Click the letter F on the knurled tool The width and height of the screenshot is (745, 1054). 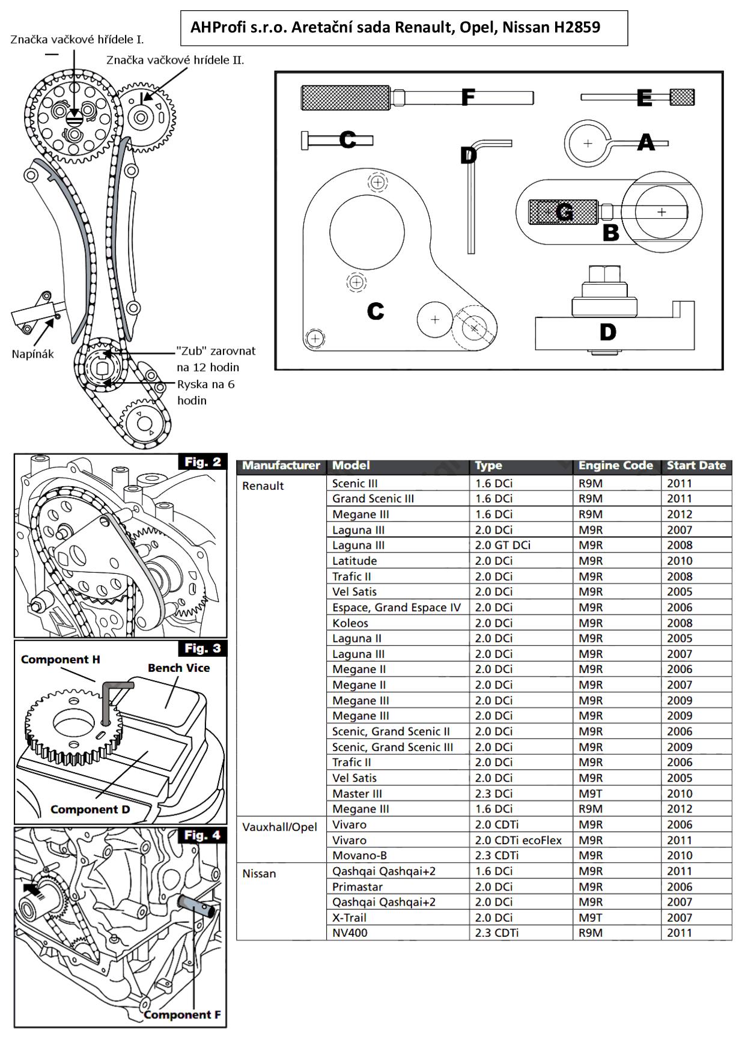click(468, 97)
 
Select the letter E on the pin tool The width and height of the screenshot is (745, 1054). click(644, 97)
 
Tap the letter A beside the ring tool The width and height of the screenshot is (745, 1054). click(646, 142)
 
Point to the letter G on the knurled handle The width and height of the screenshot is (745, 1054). click(564, 212)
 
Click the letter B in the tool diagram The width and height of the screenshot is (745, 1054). click(610, 233)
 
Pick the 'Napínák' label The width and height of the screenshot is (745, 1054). click(32, 354)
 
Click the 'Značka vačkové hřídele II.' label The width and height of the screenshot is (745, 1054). click(175, 60)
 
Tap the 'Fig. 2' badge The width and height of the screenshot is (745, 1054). click(202, 462)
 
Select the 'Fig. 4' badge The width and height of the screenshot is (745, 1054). click(202, 835)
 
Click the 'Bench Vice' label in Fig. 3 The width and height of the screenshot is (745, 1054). click(179, 668)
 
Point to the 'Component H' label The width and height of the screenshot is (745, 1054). click(60, 659)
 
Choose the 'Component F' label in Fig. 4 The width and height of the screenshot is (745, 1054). click(182, 1015)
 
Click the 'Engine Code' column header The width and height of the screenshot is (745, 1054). click(615, 465)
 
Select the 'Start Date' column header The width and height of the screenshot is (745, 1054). click(696, 465)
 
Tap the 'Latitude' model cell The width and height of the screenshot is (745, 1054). click(354, 561)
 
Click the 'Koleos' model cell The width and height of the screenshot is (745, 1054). click(350, 623)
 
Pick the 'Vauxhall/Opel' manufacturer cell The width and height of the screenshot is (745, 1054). click(279, 827)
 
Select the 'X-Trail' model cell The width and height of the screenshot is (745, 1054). click(349, 918)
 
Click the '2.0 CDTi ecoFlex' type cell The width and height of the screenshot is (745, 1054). click(518, 840)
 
